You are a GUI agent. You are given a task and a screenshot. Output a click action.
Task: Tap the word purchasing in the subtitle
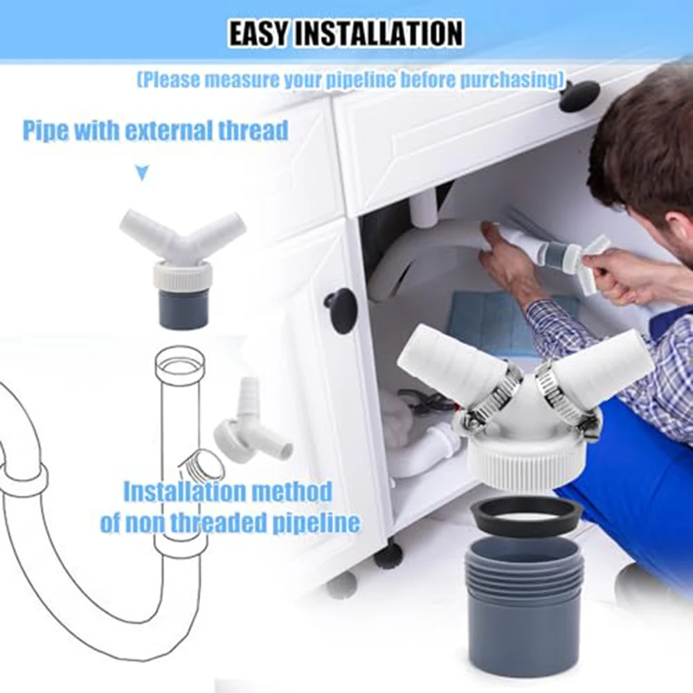click(507, 80)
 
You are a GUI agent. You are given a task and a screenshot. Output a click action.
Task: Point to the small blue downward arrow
click(142, 173)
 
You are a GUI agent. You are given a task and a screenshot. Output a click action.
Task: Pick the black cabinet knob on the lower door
click(341, 310)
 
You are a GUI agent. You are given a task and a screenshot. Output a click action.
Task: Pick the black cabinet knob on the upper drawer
click(579, 96)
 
